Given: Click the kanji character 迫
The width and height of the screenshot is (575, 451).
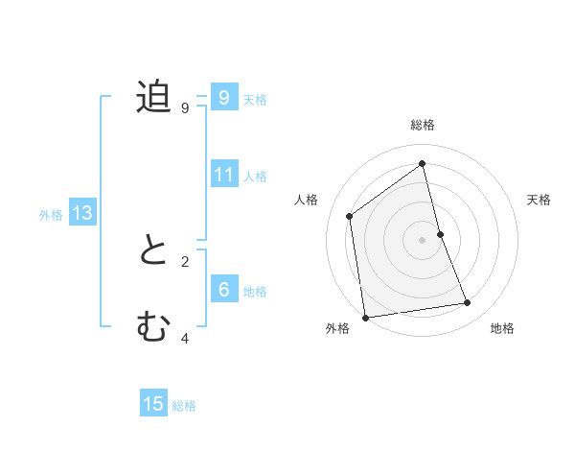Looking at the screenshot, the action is click(x=153, y=98).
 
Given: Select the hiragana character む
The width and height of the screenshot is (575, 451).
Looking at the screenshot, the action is click(x=153, y=328).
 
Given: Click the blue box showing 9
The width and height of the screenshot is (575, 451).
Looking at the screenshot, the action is click(x=223, y=98).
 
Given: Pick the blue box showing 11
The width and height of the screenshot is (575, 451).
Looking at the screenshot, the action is click(x=224, y=175).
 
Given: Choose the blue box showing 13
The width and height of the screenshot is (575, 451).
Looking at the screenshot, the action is click(x=81, y=213).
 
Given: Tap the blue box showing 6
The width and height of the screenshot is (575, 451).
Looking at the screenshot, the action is click(x=223, y=290).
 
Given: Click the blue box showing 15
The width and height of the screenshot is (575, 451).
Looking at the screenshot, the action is click(x=153, y=404).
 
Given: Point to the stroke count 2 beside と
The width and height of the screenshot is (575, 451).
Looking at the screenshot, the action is click(x=185, y=261).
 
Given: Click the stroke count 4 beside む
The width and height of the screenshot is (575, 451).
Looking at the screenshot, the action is click(x=185, y=338).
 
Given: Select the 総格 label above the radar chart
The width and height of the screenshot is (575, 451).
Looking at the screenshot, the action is click(x=423, y=125).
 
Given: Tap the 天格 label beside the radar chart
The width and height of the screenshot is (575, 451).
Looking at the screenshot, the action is click(x=540, y=200).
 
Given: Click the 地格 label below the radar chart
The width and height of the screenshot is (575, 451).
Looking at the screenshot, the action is click(x=502, y=329).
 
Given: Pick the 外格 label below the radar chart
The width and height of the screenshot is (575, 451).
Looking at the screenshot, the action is click(x=337, y=329).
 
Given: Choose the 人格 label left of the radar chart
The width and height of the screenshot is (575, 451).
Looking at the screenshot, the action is click(x=306, y=200).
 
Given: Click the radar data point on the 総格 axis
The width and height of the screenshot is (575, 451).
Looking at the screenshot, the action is click(x=423, y=164).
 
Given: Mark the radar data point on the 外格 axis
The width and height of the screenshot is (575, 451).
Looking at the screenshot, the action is click(x=365, y=317).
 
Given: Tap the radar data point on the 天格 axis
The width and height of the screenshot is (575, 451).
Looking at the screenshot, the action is click(x=440, y=233).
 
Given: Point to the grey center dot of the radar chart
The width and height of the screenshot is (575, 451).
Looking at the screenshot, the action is click(x=423, y=239).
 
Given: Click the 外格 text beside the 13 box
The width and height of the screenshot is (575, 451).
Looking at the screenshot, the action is click(x=51, y=215).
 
